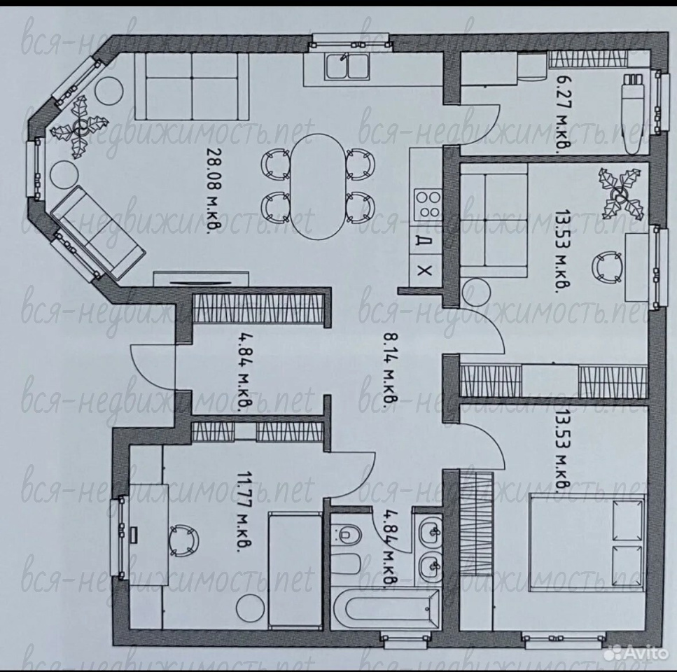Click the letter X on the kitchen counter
[425, 271]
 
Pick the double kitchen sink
[347, 67]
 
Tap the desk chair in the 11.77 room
[184, 540]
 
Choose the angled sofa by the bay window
[97, 233]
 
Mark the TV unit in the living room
[201, 279]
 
